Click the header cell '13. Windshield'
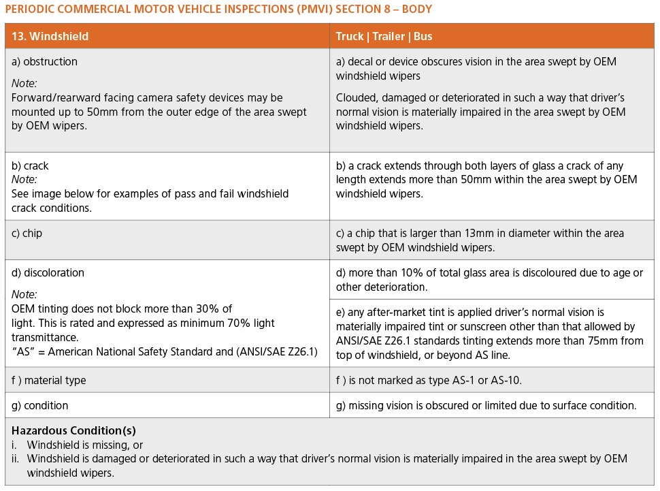pos(50,36)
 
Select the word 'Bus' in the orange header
pos(423,36)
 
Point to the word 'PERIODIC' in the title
pos(31,10)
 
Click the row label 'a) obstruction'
pos(45,61)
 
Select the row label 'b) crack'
pos(31,165)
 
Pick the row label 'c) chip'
pos(27,233)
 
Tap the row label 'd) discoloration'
pos(48,272)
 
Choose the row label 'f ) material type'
pos(49,380)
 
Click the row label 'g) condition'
pos(40,405)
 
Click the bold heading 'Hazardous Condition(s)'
pos(73,430)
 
